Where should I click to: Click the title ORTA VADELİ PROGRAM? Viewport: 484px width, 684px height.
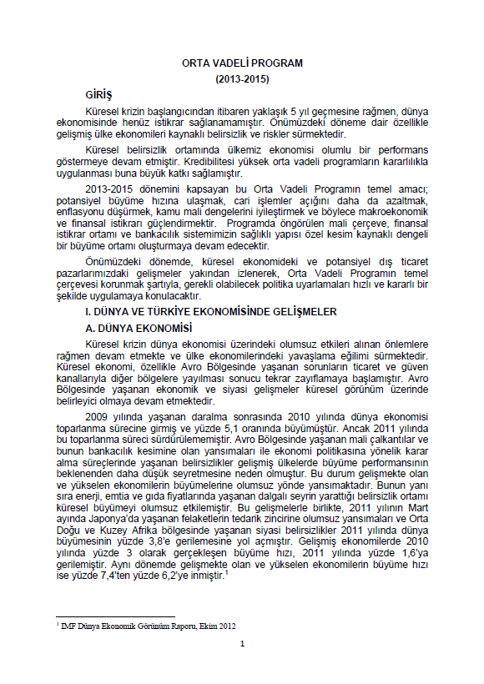(242, 63)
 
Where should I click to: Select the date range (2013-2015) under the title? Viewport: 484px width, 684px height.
(242, 78)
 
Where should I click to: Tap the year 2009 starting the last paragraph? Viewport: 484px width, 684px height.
(98, 414)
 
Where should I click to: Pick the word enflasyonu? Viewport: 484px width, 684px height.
(79, 214)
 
